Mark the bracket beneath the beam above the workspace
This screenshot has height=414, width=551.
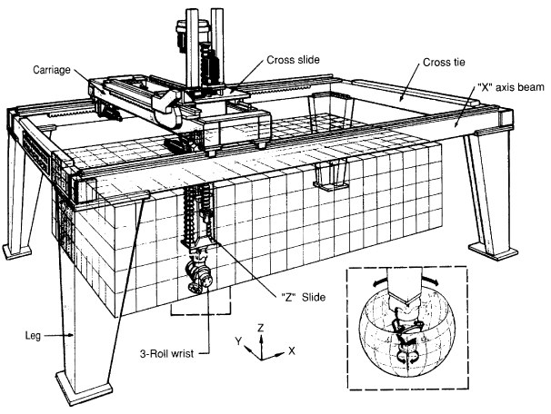(329, 175)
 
